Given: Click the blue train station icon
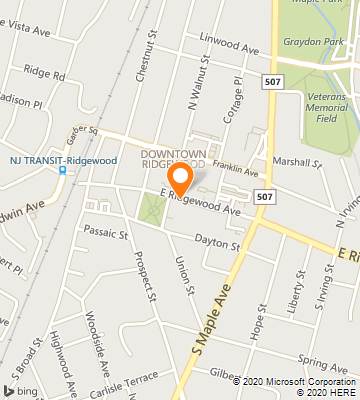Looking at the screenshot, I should pyautogui.click(x=62, y=170).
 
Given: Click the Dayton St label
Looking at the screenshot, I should pyautogui.click(x=218, y=243).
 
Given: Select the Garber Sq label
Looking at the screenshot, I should pyautogui.click(x=81, y=130).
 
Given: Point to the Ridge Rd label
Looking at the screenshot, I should pyautogui.click(x=45, y=75).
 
